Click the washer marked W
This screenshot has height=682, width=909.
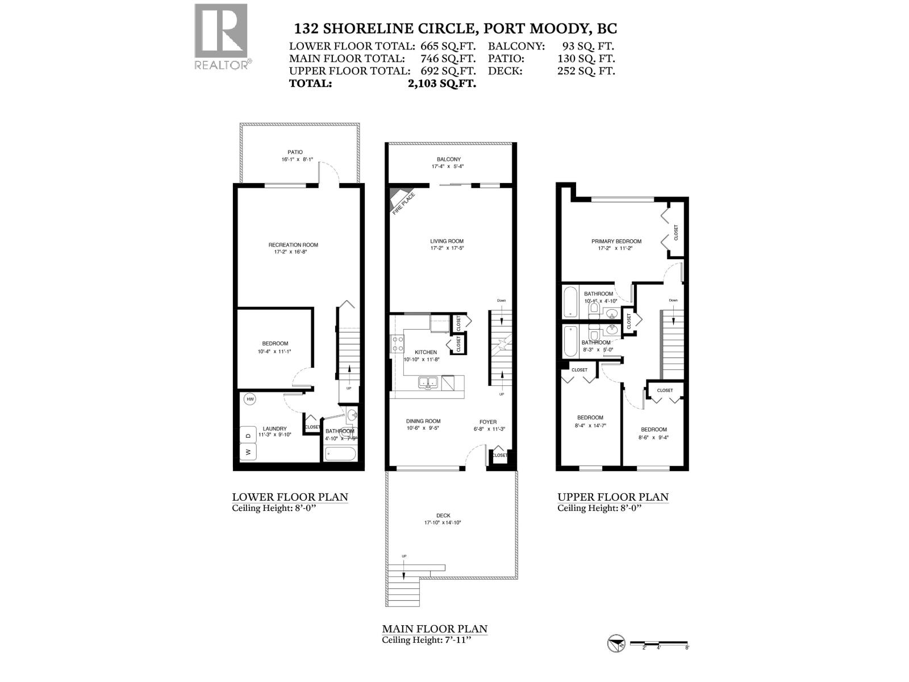248,452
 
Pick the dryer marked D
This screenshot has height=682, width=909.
248,435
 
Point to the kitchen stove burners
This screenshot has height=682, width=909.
397,344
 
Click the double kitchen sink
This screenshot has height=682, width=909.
428,382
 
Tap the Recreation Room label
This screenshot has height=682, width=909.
293,245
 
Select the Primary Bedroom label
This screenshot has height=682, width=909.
616,241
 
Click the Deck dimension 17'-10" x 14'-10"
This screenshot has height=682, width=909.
442,522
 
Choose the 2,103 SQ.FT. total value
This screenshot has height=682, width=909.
438,84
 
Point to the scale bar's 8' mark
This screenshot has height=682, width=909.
687,647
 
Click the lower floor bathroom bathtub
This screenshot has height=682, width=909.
340,454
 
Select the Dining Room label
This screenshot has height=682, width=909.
423,421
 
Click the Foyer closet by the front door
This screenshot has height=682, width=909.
499,456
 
